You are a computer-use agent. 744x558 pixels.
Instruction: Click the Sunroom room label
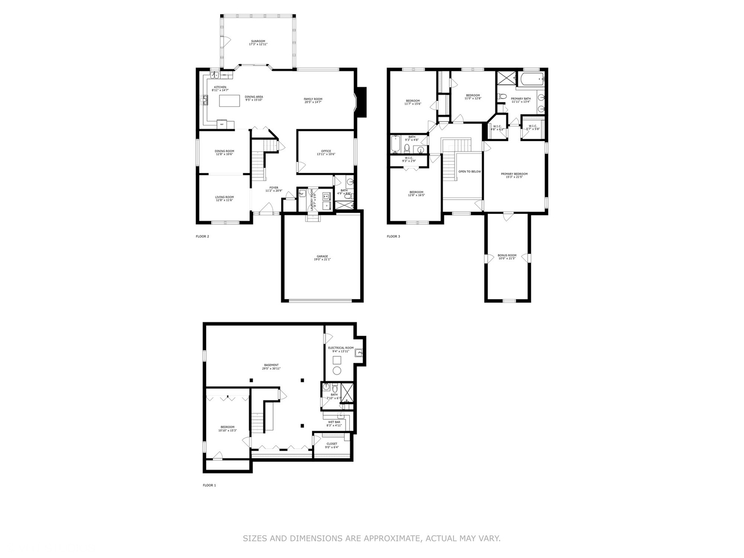pos(258,43)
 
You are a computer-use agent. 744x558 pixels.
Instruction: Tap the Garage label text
pos(322,258)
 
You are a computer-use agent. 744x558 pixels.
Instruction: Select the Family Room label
pos(313,100)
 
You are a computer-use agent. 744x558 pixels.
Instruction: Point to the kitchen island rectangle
pos(230,100)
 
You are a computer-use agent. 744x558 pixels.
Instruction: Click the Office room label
pos(326,152)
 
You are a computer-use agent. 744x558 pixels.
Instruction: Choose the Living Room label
pos(225,198)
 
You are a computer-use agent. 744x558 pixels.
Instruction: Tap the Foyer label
pos(274,189)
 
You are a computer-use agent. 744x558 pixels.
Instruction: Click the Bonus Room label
pos(507,257)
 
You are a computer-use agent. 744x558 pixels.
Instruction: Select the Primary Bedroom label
pos(514,175)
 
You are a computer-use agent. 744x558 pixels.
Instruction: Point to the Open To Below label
pos(470,172)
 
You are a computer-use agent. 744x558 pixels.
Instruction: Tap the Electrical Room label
pos(341,349)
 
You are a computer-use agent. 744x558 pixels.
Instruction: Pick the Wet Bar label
pos(334,423)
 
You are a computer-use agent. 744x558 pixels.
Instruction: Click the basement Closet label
pos(332,445)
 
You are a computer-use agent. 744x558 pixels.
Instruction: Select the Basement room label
pos(271,366)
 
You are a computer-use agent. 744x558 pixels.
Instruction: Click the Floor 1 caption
pos(209,486)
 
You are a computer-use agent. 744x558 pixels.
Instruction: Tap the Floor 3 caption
pos(393,237)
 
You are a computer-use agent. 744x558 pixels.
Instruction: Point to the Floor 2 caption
pos(202,237)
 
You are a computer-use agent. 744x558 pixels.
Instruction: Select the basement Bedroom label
pos(227,428)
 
